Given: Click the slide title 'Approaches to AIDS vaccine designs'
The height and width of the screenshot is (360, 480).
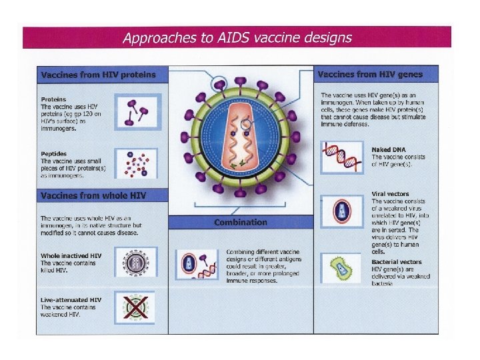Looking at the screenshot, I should [237, 37].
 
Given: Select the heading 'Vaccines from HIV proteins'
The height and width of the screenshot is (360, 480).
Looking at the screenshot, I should [98, 75].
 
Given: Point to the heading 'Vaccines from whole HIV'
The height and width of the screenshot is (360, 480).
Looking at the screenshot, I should [93, 195].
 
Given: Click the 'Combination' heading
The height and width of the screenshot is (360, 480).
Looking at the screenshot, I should [241, 223].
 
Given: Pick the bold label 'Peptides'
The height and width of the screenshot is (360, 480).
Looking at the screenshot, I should [53, 154].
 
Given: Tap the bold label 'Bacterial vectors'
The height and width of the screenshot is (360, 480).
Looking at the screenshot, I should [397, 262].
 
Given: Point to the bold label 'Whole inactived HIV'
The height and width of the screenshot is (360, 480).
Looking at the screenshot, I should [71, 255].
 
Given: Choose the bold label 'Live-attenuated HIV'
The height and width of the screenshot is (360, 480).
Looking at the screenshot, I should [71, 299].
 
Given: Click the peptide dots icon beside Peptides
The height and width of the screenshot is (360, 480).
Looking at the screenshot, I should [138, 165].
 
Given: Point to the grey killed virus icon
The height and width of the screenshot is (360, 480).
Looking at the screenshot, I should [136, 263].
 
